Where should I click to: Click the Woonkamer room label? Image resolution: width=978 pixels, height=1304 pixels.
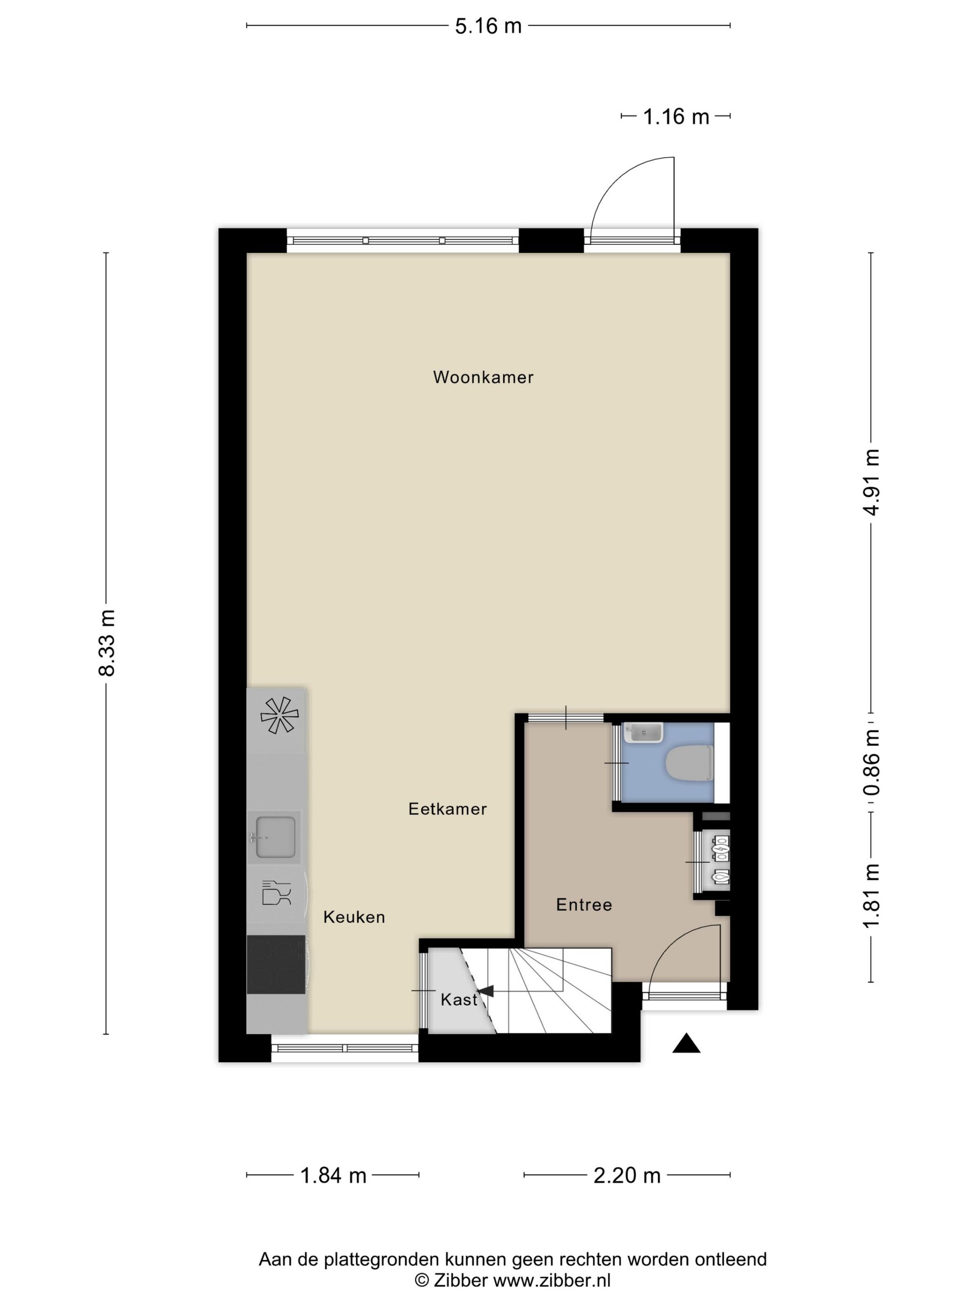pyautogui.click(x=483, y=377)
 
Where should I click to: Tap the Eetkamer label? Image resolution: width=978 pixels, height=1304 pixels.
pyautogui.click(x=448, y=809)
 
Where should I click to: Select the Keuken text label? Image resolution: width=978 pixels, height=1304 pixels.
pyautogui.click(x=353, y=917)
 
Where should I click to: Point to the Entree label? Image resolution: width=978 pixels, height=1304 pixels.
pyautogui.click(x=584, y=904)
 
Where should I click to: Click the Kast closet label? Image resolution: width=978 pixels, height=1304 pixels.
pyautogui.click(x=459, y=999)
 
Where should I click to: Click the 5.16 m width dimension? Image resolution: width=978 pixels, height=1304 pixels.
pyautogui.click(x=488, y=26)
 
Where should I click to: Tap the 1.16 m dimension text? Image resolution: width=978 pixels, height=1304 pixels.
pyautogui.click(x=676, y=117)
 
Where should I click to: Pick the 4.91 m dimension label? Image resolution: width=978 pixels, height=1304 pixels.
pyautogui.click(x=871, y=482)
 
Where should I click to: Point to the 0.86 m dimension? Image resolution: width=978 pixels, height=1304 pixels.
pyautogui.click(x=871, y=761)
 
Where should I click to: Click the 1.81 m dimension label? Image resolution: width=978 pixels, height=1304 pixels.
pyautogui.click(x=871, y=896)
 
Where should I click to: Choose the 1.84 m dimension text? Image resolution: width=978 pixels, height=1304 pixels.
pyautogui.click(x=333, y=1175)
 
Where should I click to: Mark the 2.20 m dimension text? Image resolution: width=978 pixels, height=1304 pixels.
pyautogui.click(x=627, y=1175)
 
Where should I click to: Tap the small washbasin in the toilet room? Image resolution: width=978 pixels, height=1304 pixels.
pyautogui.click(x=644, y=732)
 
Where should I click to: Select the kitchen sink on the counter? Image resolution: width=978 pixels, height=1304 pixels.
pyautogui.click(x=274, y=836)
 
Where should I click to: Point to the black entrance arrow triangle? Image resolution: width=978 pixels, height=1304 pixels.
pyautogui.click(x=686, y=1044)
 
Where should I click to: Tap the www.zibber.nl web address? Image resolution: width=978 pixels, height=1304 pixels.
pyautogui.click(x=552, y=1280)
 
